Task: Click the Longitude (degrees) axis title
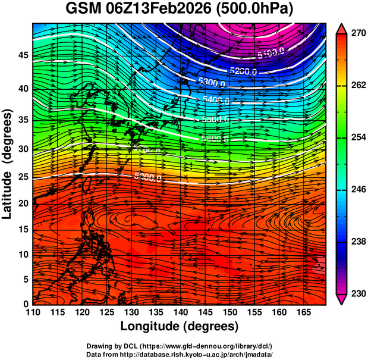(180, 326)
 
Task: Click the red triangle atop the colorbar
(341, 27)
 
